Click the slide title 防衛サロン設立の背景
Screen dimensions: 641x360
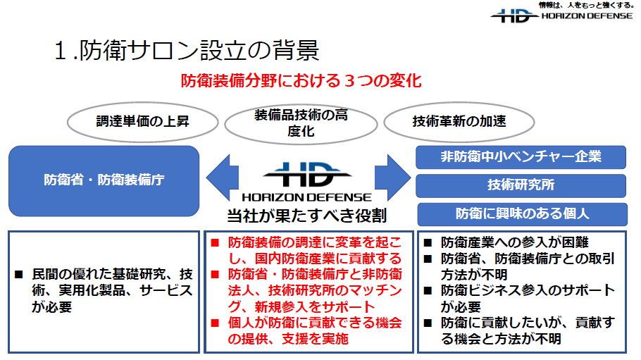click(199, 51)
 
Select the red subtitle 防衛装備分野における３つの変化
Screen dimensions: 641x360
click(301, 80)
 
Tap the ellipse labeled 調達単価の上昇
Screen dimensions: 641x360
click(143, 122)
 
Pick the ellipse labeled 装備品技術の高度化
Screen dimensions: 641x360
click(301, 123)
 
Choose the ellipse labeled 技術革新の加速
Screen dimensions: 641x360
click(459, 122)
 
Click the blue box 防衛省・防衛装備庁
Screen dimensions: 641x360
click(104, 181)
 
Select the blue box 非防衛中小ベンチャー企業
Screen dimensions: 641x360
click(521, 157)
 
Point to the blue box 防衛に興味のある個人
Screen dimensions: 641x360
click(522, 214)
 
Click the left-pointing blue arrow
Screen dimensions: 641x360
click(222, 177)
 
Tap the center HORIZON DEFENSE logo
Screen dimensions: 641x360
click(306, 182)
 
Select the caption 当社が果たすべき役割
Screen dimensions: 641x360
click(306, 216)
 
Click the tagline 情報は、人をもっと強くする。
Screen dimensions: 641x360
click(586, 6)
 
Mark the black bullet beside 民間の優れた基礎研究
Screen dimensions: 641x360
click(19, 275)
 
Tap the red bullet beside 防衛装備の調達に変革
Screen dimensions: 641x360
click(215, 243)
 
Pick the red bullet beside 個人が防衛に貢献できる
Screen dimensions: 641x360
click(215, 323)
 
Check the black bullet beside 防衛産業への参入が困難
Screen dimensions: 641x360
click(428, 243)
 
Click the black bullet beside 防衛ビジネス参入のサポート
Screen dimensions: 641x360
click(428, 291)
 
